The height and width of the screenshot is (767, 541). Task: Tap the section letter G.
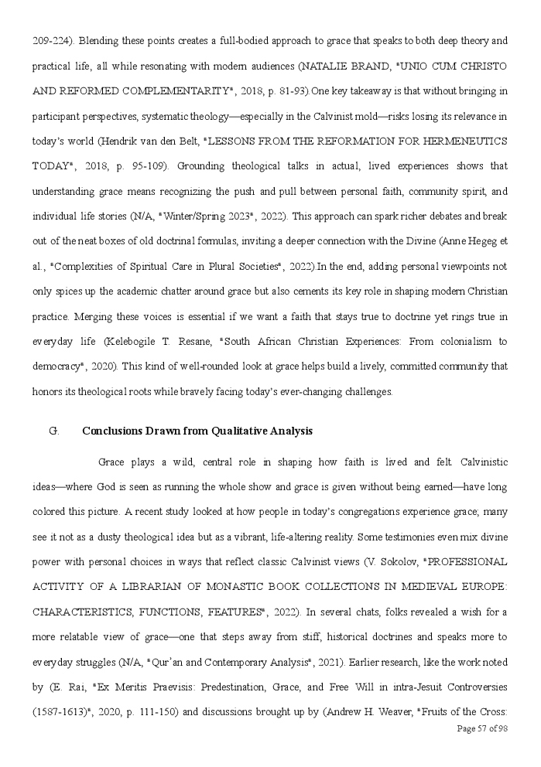[x=53, y=431]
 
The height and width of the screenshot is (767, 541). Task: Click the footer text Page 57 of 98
[x=481, y=728]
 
